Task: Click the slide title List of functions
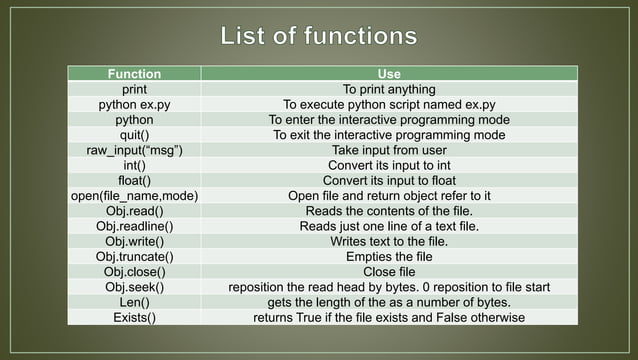pyautogui.click(x=318, y=37)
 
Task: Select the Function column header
pyautogui.click(x=134, y=74)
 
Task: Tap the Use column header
pyautogui.click(x=389, y=74)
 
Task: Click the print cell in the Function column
pyautogui.click(x=134, y=89)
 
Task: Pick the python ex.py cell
pyautogui.click(x=134, y=104)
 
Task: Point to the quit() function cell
pyautogui.click(x=134, y=134)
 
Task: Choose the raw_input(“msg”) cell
pyautogui.click(x=134, y=150)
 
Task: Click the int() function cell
pyautogui.click(x=134, y=165)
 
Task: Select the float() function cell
pyautogui.click(x=134, y=180)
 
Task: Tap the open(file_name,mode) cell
pyautogui.click(x=134, y=195)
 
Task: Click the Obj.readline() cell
pyautogui.click(x=134, y=226)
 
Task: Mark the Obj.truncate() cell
pyautogui.click(x=134, y=257)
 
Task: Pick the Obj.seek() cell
pyautogui.click(x=134, y=287)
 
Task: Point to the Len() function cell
pyautogui.click(x=134, y=302)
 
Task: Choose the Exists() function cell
pyautogui.click(x=134, y=318)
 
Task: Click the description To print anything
pyautogui.click(x=389, y=89)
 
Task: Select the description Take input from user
pyautogui.click(x=389, y=150)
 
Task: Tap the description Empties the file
pyautogui.click(x=389, y=257)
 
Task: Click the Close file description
pyautogui.click(x=389, y=272)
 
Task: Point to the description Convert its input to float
pyautogui.click(x=389, y=180)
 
